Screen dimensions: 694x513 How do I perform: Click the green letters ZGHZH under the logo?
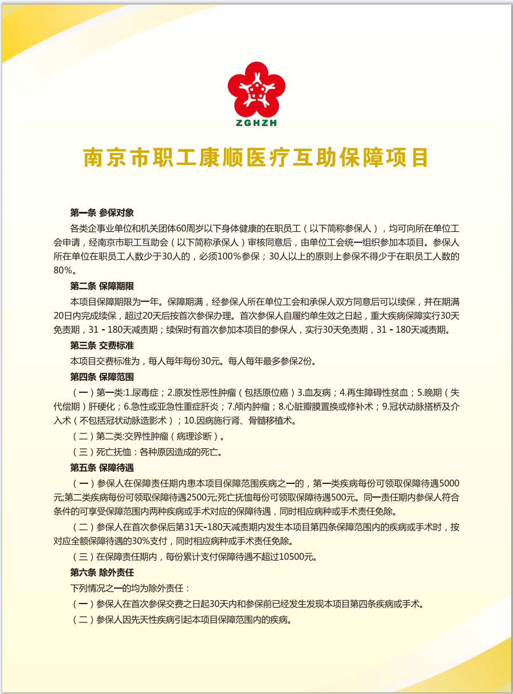tap(256, 123)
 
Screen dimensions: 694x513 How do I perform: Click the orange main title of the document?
tap(256, 157)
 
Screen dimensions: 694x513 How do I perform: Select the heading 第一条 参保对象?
tap(102, 212)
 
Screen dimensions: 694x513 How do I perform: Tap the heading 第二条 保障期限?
tap(102, 286)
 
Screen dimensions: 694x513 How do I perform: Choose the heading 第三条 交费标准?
tap(102, 345)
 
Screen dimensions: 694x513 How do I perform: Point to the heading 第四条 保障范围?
tap(102, 377)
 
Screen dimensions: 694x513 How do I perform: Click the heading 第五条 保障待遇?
tap(102, 467)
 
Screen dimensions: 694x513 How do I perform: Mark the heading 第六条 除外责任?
tap(102, 572)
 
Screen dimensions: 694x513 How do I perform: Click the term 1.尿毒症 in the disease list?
tap(144, 392)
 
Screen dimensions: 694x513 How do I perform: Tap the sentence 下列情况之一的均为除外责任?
tap(129, 588)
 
